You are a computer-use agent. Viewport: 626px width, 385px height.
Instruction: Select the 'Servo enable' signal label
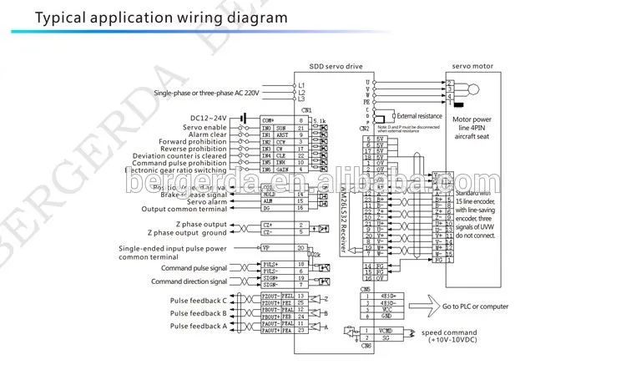[x=202, y=126]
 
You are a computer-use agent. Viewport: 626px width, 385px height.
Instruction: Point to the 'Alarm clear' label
[x=207, y=134]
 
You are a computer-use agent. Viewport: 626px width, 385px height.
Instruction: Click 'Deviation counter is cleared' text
[x=179, y=155]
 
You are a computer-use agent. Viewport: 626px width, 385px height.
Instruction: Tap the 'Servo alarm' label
[x=207, y=200]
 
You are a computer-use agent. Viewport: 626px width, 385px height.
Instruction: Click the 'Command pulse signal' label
[x=194, y=267]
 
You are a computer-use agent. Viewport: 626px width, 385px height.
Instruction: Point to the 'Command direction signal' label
[x=189, y=281]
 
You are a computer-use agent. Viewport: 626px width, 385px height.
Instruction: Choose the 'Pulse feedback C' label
[x=198, y=300]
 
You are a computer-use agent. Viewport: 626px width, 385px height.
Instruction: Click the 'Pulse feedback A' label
[x=198, y=326]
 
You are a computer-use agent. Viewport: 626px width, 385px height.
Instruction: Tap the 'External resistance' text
[x=418, y=115]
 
